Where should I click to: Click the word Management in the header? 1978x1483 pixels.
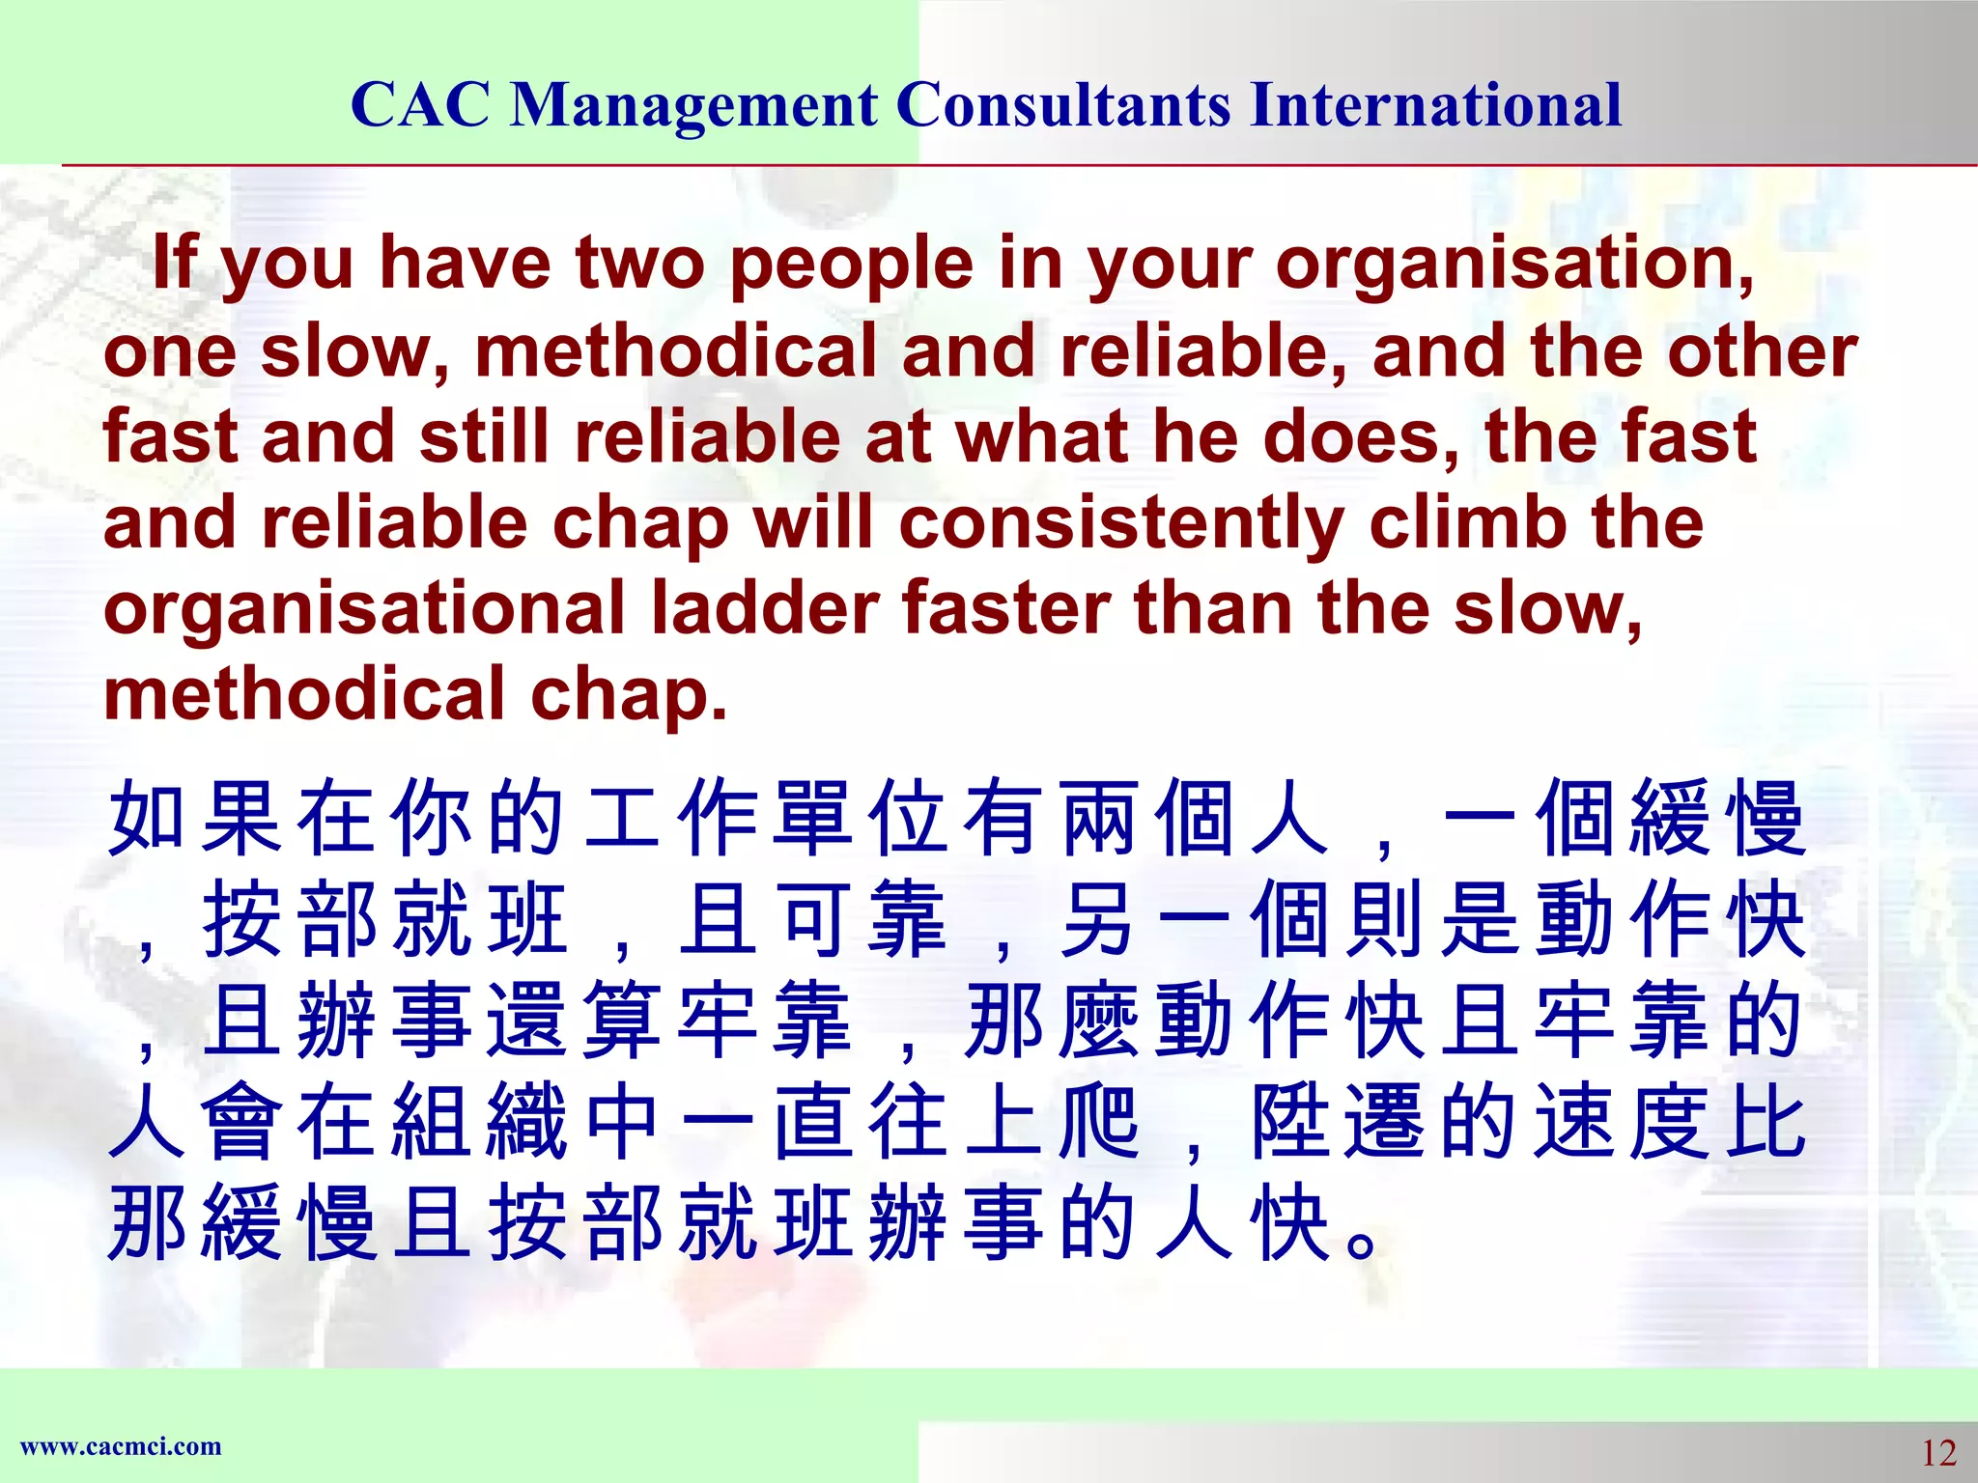tap(693, 106)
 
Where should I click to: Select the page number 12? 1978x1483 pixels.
tap(1937, 1452)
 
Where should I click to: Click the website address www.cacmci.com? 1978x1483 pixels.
tap(121, 1446)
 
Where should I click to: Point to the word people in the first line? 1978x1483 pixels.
tap(851, 265)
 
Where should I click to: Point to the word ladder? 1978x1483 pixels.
tap(764, 608)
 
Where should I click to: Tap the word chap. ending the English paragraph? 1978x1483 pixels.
tap(628, 694)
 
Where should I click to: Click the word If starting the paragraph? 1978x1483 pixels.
tap(175, 263)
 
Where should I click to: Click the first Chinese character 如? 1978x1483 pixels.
tap(146, 819)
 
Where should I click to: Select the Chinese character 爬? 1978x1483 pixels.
tap(1098, 1122)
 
